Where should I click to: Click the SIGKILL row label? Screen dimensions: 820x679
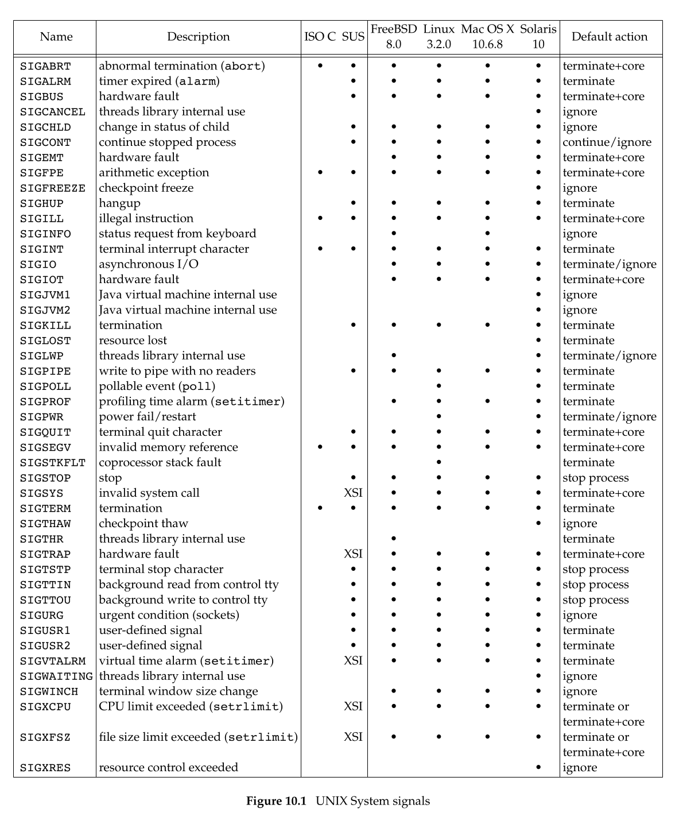coord(45,326)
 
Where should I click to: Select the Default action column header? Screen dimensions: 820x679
coord(609,37)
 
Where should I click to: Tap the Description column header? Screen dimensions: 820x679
coord(198,37)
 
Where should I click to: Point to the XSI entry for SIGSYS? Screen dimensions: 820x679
coord(353,493)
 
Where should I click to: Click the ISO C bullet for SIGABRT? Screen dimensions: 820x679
coord(320,66)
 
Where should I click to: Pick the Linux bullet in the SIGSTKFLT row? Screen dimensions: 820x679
coord(439,462)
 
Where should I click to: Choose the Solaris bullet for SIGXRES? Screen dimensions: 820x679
coord(538,767)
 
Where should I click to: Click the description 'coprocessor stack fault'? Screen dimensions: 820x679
coord(160,462)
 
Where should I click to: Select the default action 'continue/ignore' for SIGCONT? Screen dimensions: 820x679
coord(607,142)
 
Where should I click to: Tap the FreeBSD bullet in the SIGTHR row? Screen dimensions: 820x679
coord(393,539)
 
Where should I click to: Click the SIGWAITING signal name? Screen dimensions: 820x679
coord(56,676)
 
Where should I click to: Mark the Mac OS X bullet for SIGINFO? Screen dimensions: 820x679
coord(487,234)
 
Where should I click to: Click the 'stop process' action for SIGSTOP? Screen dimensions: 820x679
coord(595,478)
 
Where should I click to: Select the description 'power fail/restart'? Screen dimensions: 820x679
coord(147,416)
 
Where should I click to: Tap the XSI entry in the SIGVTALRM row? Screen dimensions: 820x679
coord(353,660)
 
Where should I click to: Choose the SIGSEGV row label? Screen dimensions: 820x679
coord(45,447)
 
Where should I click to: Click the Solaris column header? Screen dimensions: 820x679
coord(538,29)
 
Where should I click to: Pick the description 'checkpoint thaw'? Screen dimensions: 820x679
coord(143,523)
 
